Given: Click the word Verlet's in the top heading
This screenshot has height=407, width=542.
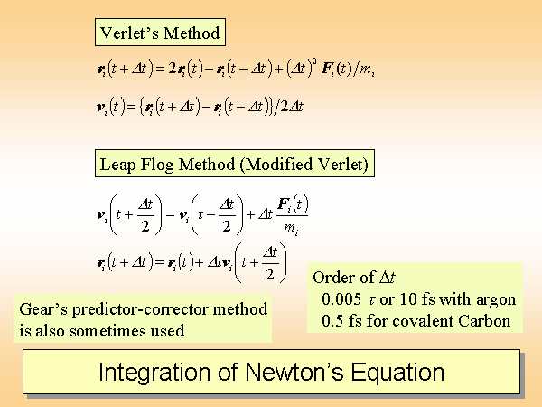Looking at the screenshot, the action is coord(129,33).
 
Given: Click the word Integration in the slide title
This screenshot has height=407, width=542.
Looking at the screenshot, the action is coord(154,373).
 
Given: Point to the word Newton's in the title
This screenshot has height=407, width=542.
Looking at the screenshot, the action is coord(294,372).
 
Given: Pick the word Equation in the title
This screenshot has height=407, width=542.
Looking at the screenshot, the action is coord(397,373).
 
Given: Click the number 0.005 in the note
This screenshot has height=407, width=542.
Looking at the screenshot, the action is coord(341,299).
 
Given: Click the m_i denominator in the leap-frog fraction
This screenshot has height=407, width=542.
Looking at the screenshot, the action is coord(291,229).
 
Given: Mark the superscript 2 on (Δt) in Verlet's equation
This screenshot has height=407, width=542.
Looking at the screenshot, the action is coord(314,62).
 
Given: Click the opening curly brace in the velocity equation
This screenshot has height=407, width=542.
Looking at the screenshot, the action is coord(141,107).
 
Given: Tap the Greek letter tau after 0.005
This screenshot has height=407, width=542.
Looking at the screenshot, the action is coord(371,300).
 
